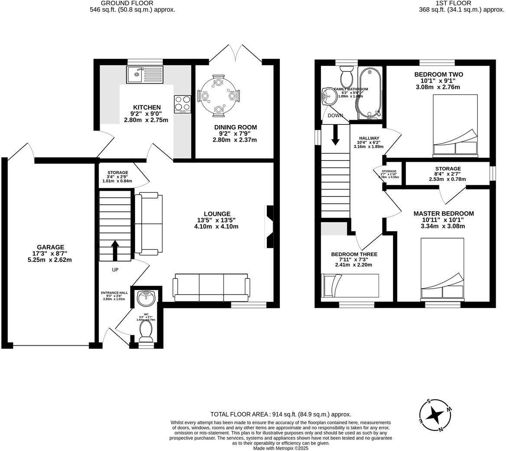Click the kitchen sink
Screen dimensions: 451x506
pos(145,74)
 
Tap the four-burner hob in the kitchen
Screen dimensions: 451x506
pos(183,104)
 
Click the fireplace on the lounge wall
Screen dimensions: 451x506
pos(269,227)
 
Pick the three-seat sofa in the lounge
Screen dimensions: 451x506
pos(211,287)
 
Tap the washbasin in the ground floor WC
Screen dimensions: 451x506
pos(146,298)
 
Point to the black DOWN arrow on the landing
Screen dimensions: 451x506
pos(335,135)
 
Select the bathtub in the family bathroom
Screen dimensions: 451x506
pos(370,92)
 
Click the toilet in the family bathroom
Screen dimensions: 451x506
pos(346,77)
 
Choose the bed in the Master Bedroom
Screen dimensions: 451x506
pos(442,269)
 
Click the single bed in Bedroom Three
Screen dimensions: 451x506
pos(350,285)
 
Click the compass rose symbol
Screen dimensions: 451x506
pos(434,415)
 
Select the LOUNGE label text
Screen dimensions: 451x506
pos(217,214)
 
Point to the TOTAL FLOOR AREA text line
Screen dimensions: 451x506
pos(280,415)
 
